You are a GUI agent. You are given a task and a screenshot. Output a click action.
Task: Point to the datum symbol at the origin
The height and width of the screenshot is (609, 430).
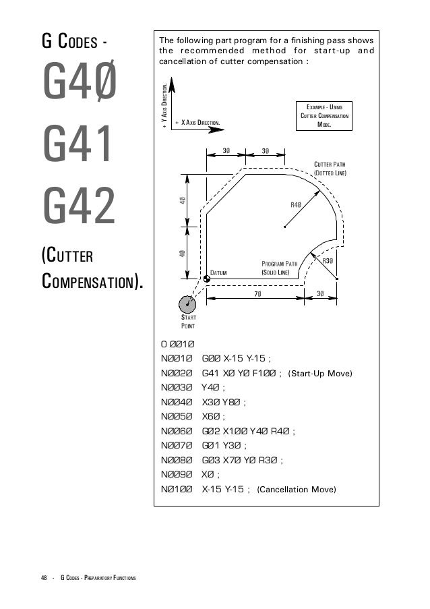206,279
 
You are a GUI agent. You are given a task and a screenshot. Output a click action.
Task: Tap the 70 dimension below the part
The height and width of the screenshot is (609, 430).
258,294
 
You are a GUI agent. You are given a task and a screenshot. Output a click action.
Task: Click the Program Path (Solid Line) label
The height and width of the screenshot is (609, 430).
279,268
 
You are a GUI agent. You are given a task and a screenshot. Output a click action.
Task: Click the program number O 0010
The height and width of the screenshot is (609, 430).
177,344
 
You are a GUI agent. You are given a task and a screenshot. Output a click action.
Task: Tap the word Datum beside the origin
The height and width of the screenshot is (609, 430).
220,272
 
